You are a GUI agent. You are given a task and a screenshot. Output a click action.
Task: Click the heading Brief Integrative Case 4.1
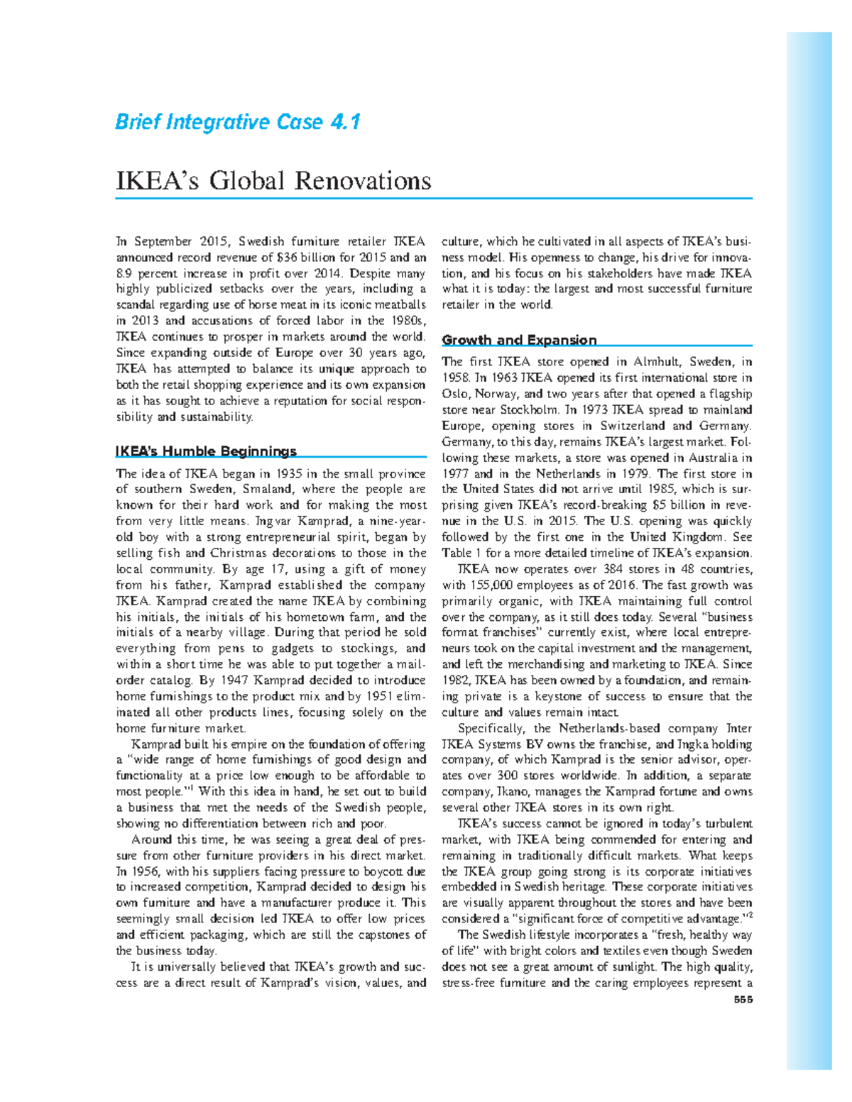click(238, 123)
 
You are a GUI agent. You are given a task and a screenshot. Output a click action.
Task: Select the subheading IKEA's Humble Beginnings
click(206, 451)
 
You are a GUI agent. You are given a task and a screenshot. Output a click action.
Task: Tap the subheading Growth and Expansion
click(519, 340)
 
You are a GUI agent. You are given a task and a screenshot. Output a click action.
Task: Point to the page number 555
click(743, 1000)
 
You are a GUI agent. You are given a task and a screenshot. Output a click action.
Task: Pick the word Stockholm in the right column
click(530, 409)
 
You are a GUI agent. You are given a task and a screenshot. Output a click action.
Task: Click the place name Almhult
click(661, 362)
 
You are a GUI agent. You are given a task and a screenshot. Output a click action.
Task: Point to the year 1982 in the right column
click(456, 680)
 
